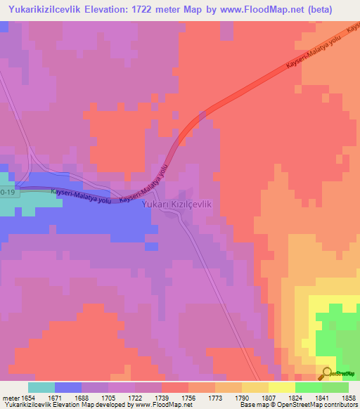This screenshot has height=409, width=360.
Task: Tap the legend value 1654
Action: tap(28, 398)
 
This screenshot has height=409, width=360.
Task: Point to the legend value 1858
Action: tap(349, 398)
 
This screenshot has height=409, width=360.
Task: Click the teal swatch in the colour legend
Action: tap(41, 387)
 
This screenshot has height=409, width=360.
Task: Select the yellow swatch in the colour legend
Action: tap(282, 387)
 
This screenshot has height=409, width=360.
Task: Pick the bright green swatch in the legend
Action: tap(309, 387)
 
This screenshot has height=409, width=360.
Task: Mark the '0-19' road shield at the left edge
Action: tap(6, 190)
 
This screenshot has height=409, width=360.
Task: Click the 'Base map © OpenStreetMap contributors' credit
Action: tap(297, 405)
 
